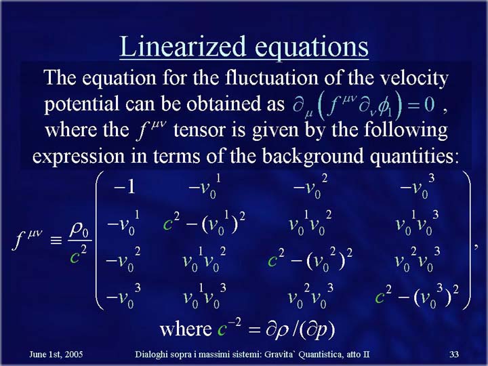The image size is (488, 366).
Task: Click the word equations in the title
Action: click(312, 47)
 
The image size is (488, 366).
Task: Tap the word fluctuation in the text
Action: click(271, 77)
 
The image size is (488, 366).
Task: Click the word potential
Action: click(81, 104)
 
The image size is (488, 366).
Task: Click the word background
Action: click(312, 156)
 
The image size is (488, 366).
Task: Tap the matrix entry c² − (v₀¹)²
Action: click(204, 224)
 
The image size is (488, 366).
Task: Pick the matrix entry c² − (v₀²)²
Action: click(310, 260)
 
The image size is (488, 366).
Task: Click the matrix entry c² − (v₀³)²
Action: click(417, 296)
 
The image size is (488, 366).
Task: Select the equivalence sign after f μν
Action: click(56, 240)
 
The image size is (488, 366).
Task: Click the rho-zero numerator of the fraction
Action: click(79, 230)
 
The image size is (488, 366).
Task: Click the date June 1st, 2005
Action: click(56, 354)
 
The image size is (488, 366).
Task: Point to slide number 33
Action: click(454, 354)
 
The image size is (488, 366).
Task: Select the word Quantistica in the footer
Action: click(321, 354)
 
